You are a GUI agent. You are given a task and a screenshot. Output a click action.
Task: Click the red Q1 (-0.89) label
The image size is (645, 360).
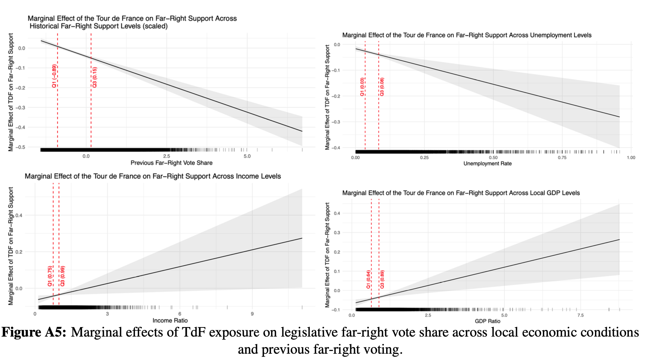54,76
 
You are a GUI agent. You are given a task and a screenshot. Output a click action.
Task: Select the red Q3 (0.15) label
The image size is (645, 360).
95,77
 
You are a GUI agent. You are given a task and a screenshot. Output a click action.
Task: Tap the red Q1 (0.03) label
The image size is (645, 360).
362,87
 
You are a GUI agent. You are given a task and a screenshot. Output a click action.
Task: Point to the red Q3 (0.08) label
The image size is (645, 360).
382,87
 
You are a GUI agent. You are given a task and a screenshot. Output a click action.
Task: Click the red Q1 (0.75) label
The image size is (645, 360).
50,276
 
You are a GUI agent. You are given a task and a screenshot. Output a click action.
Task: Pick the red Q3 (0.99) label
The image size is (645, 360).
63,276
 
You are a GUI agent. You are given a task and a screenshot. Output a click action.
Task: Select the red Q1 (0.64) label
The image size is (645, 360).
368,279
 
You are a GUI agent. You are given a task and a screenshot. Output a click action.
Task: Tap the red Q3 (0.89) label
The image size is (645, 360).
382,279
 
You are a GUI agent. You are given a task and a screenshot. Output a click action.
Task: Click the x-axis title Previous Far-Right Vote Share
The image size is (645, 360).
171,163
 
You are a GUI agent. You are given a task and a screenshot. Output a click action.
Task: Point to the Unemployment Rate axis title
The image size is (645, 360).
487,164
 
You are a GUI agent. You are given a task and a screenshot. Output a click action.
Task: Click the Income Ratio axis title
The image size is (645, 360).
170,321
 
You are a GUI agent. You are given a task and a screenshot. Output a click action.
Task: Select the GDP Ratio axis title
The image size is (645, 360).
487,321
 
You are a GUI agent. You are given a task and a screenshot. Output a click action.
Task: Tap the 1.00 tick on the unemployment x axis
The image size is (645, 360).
631,158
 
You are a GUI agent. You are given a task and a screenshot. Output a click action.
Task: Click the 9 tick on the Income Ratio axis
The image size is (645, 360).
252,314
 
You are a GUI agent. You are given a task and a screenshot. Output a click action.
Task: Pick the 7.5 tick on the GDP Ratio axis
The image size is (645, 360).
580,315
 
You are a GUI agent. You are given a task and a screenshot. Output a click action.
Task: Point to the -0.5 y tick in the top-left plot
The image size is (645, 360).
22,147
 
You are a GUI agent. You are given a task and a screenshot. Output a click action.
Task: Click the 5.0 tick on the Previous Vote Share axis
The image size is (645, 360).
247,156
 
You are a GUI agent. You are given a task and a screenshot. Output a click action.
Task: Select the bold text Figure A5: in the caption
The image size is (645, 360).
34,332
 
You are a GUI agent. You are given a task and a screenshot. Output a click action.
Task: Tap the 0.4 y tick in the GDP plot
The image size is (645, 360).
337,213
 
